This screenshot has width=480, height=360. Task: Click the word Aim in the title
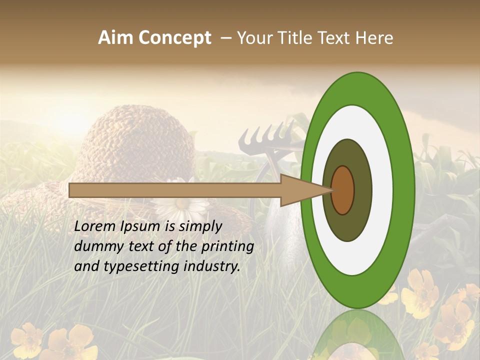[115, 38]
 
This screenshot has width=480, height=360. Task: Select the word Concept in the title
[174, 38]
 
